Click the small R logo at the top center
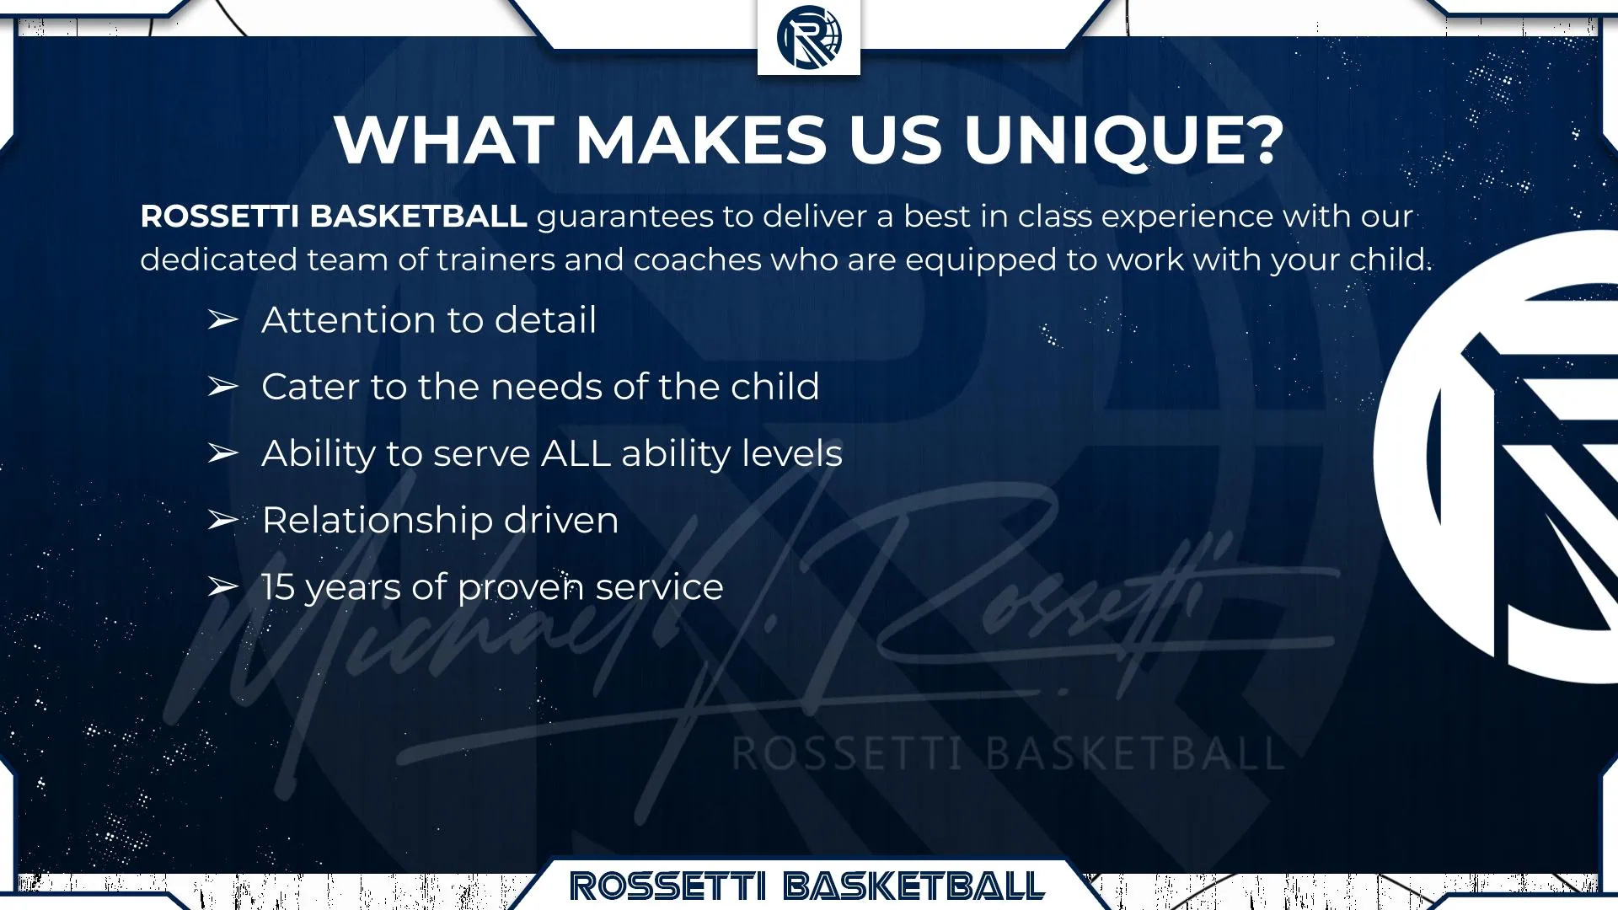809,37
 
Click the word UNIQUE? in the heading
1124,139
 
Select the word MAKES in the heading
702,139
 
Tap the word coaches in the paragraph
698,260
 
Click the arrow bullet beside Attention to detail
223,320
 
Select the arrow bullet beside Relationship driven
223,520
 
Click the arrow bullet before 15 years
223,586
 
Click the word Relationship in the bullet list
377,521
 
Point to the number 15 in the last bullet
277,587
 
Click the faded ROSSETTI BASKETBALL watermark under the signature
1007,752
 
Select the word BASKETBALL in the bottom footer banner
915,886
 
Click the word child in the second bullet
775,387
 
